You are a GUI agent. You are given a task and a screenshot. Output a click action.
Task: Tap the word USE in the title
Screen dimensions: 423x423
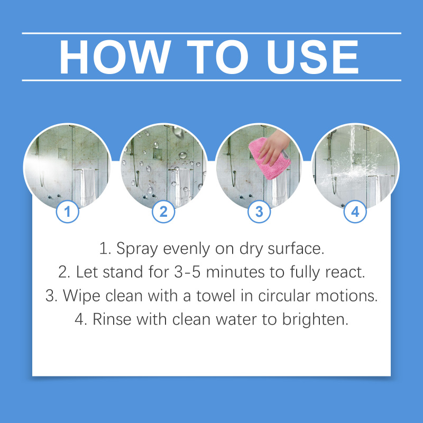(x=312, y=57)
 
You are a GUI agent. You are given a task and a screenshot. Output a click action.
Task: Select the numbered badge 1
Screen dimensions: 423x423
(x=68, y=212)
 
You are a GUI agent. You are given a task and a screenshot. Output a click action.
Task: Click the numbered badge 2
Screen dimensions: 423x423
(x=163, y=212)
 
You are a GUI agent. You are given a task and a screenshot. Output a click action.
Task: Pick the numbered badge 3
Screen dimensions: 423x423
(x=259, y=212)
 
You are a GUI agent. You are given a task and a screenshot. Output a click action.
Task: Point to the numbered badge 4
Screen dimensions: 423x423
(x=355, y=212)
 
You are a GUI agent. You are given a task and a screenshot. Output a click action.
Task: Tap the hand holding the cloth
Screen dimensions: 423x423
(x=274, y=147)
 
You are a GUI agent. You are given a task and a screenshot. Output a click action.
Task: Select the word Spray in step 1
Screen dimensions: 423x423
(x=137, y=249)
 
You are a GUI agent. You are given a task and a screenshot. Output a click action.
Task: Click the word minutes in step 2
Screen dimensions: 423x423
(x=235, y=272)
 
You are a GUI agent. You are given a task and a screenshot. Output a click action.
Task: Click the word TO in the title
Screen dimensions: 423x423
(x=218, y=57)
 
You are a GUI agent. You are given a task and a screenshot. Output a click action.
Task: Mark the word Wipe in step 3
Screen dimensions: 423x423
(x=82, y=296)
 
